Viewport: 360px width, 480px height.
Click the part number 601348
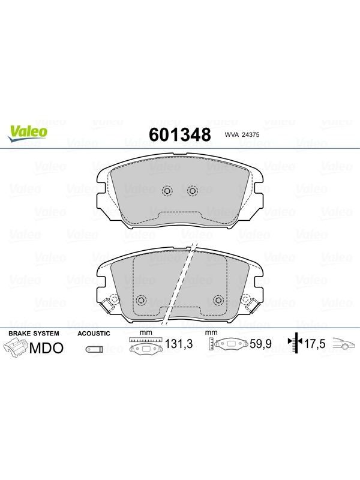click(180, 134)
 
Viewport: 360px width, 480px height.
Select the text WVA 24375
click(242, 134)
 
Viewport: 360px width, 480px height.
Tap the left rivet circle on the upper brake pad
click(167, 191)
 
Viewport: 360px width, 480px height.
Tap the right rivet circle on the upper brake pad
click(192, 191)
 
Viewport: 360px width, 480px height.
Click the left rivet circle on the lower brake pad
click(141, 300)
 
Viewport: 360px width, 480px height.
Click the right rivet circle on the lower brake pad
click(218, 300)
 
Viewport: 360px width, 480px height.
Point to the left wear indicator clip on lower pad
click(108, 304)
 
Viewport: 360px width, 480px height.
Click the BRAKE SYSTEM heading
click(34, 334)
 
